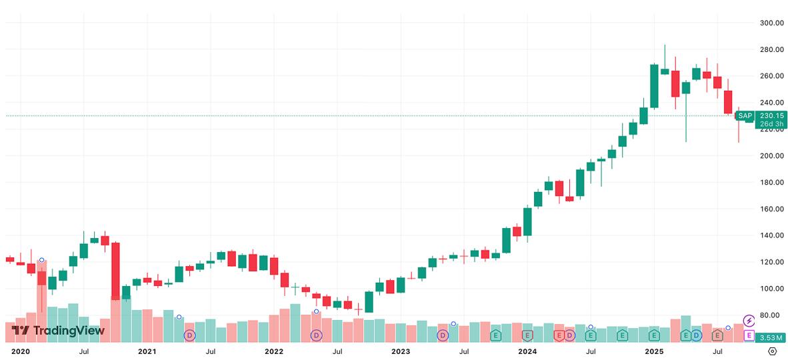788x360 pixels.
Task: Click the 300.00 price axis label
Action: coord(771,23)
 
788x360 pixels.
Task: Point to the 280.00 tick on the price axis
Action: coord(771,50)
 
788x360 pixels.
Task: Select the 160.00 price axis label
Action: coord(771,209)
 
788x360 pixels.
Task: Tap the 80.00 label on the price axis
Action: coord(771,315)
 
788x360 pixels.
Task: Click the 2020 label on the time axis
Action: coord(21,351)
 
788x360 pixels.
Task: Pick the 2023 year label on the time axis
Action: coord(400,351)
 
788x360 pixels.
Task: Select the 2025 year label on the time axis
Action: coord(654,351)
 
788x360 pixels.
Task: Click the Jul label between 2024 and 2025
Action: coord(591,351)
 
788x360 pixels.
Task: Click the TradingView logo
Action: coord(58,331)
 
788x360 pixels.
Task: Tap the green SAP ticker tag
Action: coord(745,116)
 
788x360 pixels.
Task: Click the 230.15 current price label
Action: coord(771,115)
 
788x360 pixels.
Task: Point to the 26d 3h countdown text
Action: coord(771,124)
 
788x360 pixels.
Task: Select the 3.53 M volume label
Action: coord(771,337)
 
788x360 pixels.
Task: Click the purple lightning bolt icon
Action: coord(749,321)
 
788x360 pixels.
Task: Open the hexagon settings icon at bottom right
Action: coord(773,351)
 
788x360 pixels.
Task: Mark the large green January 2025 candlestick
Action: coord(654,86)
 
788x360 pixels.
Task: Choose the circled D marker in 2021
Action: coord(189,335)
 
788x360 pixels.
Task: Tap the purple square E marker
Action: coord(749,335)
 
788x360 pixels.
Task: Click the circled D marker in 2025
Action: coord(696,335)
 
